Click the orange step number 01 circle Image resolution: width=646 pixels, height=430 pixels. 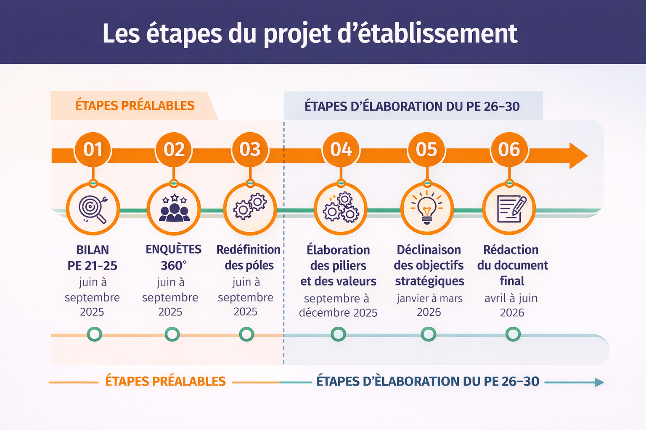click(x=93, y=149)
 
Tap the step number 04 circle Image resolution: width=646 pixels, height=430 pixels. click(x=341, y=149)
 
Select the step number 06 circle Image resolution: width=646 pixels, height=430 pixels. click(x=509, y=149)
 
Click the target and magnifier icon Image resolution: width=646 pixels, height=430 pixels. click(x=93, y=209)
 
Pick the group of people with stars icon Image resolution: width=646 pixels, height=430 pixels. click(x=174, y=209)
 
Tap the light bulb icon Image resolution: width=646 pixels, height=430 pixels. click(x=427, y=209)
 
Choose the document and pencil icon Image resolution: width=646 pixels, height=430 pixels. click(x=509, y=209)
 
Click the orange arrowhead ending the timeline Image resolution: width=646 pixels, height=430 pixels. click(x=578, y=155)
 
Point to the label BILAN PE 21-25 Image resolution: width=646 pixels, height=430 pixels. click(x=93, y=257)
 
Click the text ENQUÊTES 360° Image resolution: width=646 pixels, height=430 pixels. click(x=174, y=257)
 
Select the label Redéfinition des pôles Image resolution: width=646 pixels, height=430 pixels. click(x=249, y=257)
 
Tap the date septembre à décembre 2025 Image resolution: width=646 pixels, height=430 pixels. click(x=338, y=305)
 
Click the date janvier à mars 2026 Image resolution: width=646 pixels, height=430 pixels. click(x=429, y=305)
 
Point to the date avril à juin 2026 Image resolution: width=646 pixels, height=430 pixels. click(x=511, y=305)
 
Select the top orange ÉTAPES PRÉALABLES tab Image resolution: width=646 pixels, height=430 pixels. click(x=135, y=105)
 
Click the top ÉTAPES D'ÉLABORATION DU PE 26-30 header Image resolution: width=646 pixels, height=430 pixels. click(x=412, y=106)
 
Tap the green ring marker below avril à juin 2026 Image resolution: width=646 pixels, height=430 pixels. click(x=513, y=335)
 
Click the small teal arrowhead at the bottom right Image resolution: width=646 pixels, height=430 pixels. click(x=599, y=382)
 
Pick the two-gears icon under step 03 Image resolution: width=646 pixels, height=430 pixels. click(x=250, y=207)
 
